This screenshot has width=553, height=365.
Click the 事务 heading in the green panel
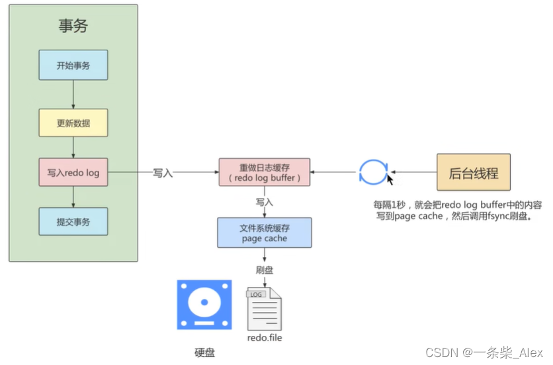[73, 26]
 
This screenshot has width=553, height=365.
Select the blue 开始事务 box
[73, 66]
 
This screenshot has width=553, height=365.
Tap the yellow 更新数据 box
[73, 123]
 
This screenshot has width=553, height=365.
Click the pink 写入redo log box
[73, 173]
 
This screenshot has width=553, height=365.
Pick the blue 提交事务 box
[73, 221]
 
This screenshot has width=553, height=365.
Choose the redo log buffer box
[264, 173]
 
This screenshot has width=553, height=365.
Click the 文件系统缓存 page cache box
[264, 233]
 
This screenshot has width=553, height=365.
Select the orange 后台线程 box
[474, 172]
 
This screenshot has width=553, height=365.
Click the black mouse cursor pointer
[390, 180]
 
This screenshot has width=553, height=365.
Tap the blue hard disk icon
[204, 305]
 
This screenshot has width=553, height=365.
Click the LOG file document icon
[264, 309]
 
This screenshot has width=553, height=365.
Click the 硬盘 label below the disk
[204, 353]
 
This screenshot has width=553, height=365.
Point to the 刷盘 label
[265, 270]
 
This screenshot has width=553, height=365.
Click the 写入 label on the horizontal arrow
[163, 173]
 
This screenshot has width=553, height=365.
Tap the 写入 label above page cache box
[265, 201]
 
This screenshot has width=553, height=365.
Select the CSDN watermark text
[484, 352]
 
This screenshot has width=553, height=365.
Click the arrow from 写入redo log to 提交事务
[73, 197]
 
